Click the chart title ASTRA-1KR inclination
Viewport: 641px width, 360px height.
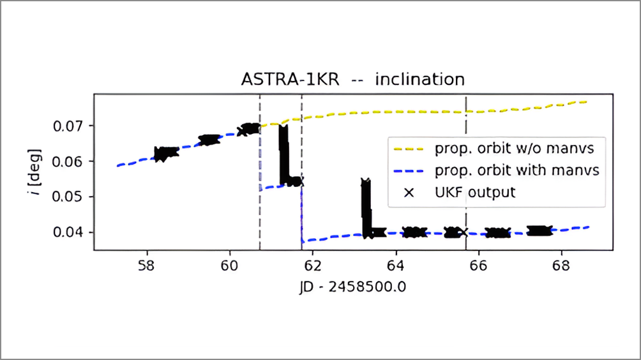click(352, 80)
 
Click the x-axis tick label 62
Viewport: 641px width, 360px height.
click(312, 266)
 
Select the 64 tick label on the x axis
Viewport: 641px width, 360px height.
click(395, 266)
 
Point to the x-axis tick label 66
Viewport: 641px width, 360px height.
click(478, 266)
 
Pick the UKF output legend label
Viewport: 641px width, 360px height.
click(475, 191)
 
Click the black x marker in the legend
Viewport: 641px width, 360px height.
click(409, 191)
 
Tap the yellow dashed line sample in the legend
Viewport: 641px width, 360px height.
click(409, 149)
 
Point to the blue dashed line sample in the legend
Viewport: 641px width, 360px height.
click(409, 170)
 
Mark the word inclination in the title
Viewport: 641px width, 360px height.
click(419, 80)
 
